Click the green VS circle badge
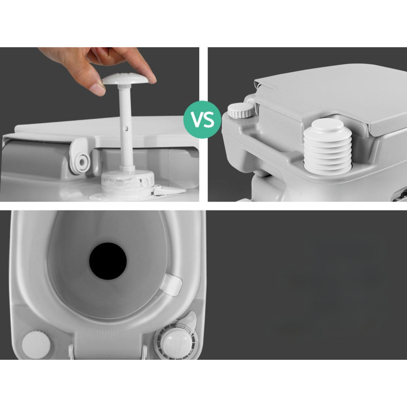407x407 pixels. (202, 119)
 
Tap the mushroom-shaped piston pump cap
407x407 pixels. (126, 79)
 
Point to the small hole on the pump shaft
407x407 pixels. (126, 128)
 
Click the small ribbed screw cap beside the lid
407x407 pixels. (241, 111)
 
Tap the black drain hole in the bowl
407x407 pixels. (108, 261)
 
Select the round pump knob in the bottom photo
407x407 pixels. (177, 342)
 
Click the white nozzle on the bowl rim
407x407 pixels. (171, 284)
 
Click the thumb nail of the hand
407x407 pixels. (97, 89)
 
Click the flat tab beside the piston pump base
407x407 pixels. (170, 191)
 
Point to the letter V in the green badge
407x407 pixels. (197, 120)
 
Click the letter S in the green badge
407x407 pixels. (209, 120)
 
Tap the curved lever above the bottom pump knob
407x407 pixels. (190, 321)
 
